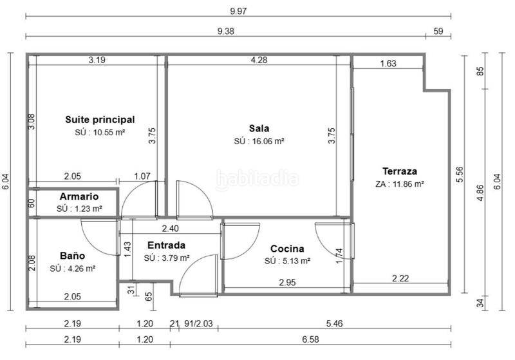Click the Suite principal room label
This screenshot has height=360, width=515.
100,119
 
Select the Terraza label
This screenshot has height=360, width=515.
400,171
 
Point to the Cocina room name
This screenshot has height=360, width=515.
287,249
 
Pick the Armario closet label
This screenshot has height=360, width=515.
79,196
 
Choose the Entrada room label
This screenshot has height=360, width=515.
166,245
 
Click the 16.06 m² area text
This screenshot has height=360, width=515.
259,140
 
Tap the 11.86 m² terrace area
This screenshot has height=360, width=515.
400,184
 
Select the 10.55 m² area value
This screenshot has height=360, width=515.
100,131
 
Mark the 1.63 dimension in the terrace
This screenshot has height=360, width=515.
388,63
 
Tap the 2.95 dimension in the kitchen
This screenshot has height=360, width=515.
287,282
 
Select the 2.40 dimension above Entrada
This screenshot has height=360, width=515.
170,228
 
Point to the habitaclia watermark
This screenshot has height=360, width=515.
257,178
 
